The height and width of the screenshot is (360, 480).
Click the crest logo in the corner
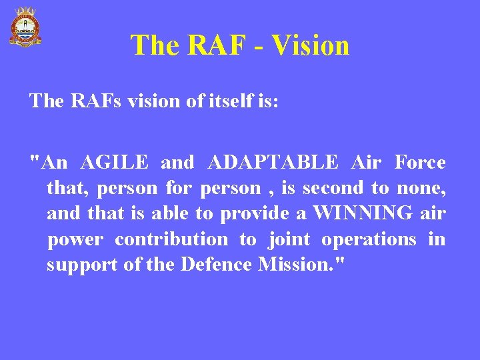pos(25,26)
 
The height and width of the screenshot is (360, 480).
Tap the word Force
pos(420,163)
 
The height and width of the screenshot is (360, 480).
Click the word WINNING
pos(363,214)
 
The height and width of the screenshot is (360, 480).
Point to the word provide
pos(251,214)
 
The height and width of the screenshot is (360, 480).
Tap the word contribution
pos(171,239)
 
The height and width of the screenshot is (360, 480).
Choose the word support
pos(82,265)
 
